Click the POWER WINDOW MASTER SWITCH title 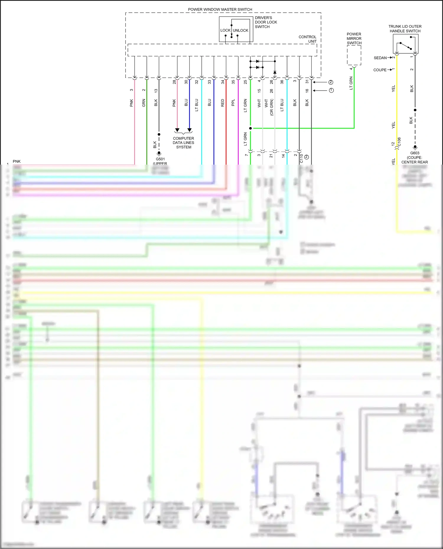click(220, 9)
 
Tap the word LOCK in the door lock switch click(225, 30)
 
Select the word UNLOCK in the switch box click(240, 30)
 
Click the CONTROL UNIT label click(308, 39)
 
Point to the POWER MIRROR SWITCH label click(354, 38)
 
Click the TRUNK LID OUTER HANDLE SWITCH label click(405, 29)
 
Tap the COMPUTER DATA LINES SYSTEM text click(183, 142)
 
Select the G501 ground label click(160, 159)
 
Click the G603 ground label click(415, 153)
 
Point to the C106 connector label click(399, 142)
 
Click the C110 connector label click(302, 158)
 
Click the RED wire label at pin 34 click(223, 103)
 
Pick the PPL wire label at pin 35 click(233, 102)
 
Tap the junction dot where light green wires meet click(250, 128)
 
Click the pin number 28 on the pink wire click(174, 82)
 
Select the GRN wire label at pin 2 click(144, 103)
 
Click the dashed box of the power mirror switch click(354, 55)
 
